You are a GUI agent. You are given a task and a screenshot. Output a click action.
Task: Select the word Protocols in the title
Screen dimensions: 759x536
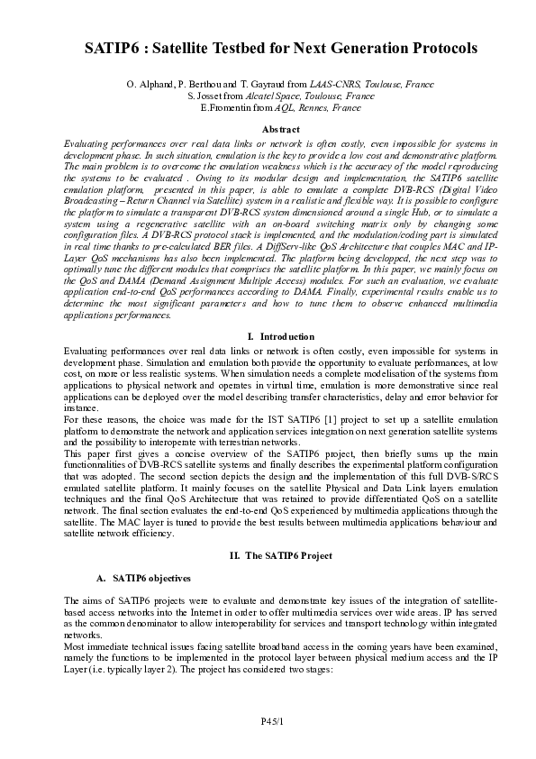[433, 48]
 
